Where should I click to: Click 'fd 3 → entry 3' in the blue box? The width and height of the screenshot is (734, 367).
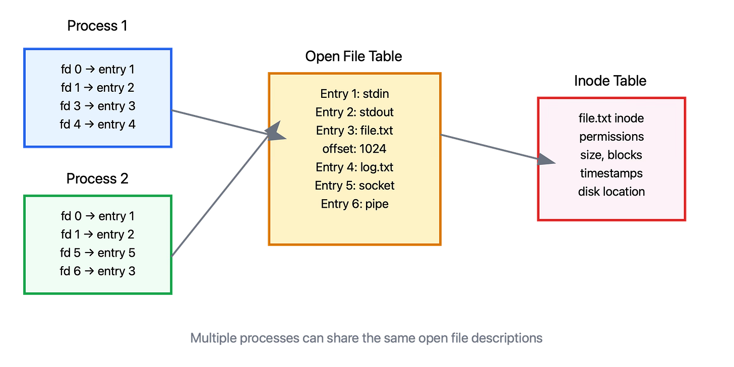click(98, 106)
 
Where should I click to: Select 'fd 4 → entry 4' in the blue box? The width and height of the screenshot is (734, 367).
click(98, 124)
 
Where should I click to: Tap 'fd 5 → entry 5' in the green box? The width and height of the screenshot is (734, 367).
click(98, 253)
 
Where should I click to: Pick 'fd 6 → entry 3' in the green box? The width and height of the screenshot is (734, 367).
click(98, 271)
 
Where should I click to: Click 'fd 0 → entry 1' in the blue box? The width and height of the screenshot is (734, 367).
click(98, 69)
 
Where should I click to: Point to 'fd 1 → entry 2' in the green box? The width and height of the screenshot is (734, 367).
click(98, 234)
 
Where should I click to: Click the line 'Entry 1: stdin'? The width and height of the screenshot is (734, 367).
click(354, 94)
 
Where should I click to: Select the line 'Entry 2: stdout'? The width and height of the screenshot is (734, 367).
click(354, 112)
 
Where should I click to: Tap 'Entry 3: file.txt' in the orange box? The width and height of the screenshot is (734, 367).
click(354, 131)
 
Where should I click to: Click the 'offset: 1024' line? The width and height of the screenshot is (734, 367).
click(354, 149)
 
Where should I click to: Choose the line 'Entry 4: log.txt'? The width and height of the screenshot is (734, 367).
click(354, 167)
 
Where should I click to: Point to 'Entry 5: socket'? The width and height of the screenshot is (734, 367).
click(354, 186)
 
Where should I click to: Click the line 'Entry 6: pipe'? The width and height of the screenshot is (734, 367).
click(354, 204)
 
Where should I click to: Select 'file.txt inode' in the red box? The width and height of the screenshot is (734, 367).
click(611, 118)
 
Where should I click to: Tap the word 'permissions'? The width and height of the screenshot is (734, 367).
click(611, 137)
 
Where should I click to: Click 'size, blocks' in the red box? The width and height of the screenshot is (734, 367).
click(611, 155)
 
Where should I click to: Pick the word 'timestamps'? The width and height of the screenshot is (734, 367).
click(611, 173)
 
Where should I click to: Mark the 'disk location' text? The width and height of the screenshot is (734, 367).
click(611, 192)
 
